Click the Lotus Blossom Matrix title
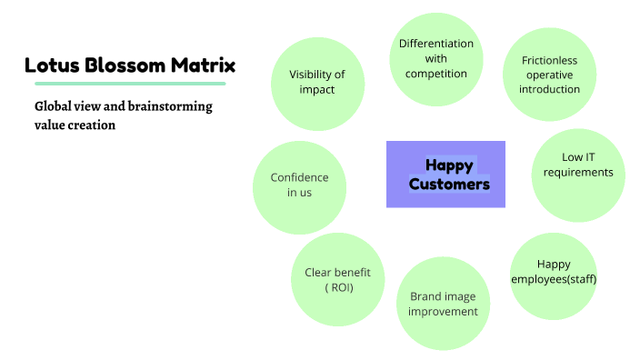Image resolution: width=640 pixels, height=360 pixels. click(x=130, y=65)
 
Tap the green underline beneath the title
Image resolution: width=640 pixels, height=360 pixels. click(x=125, y=84)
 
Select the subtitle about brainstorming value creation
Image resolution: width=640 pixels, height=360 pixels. click(x=123, y=115)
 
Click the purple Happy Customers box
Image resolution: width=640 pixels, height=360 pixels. click(x=445, y=175)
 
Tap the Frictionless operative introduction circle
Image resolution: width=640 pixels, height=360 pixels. click(x=549, y=75)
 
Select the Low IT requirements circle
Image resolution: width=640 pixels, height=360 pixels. click(x=577, y=175)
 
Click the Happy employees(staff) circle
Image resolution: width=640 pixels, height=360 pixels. click(x=554, y=272)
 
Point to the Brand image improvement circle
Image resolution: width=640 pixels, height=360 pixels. click(x=443, y=304)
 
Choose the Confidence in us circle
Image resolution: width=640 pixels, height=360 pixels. click(x=299, y=185)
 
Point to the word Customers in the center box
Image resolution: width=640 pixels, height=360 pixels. click(x=449, y=185)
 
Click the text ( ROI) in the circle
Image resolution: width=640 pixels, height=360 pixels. click(x=338, y=288)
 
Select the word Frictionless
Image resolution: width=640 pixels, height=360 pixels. click(x=549, y=61)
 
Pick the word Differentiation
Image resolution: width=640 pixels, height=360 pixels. click(x=436, y=44)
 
